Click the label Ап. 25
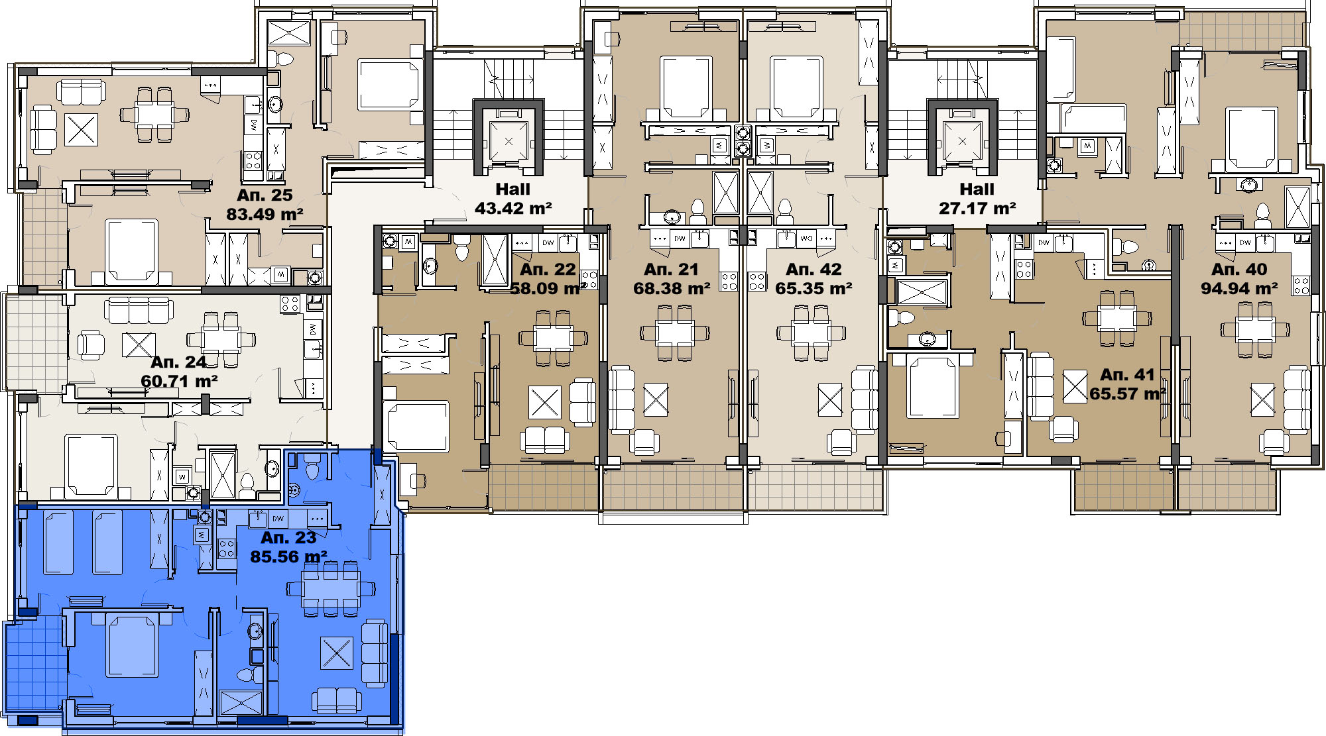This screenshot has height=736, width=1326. [x=265, y=195]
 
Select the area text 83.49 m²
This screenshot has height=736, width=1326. [x=265, y=215]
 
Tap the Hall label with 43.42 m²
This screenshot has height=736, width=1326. [x=513, y=189]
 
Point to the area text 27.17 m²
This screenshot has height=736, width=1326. [x=977, y=209]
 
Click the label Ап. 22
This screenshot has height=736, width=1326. [x=548, y=270]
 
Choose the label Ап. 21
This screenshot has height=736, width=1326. [x=672, y=270]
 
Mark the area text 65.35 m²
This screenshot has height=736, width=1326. [x=814, y=289]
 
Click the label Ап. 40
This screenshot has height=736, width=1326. [x=1239, y=270]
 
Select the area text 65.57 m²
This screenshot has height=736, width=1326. [x=1128, y=394]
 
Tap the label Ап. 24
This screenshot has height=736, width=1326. [x=178, y=362]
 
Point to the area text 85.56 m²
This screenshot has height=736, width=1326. [x=288, y=557]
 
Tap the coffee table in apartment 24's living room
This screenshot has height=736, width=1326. [x=139, y=344]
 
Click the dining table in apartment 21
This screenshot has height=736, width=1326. [x=675, y=333]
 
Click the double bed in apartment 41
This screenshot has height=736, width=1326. [x=933, y=387]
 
